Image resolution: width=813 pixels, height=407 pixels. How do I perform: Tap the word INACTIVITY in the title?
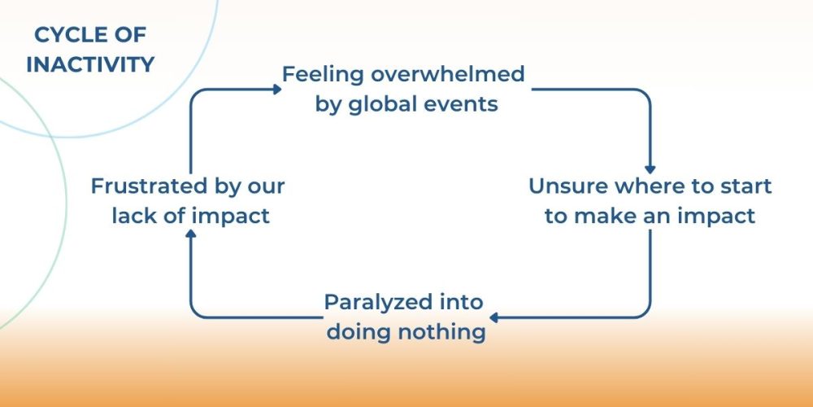point(90,64)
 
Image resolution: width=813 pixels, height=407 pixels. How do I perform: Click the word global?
point(385,105)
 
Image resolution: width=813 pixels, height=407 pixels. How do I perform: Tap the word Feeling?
point(322,74)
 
